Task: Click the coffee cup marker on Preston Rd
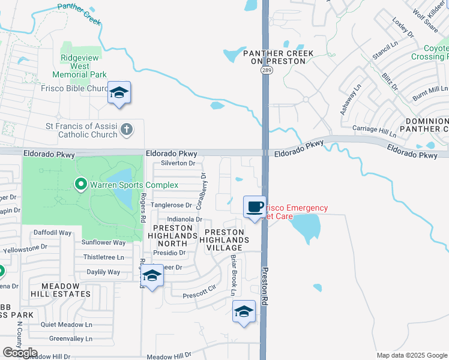(255, 207)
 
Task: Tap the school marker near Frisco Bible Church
(119, 93)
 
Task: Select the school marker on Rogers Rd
(151, 277)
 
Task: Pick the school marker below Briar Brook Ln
(244, 312)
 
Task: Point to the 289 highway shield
(264, 70)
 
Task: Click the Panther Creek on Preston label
(279, 58)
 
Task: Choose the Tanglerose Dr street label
(171, 205)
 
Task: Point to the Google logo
(20, 353)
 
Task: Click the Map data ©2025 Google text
(411, 355)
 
